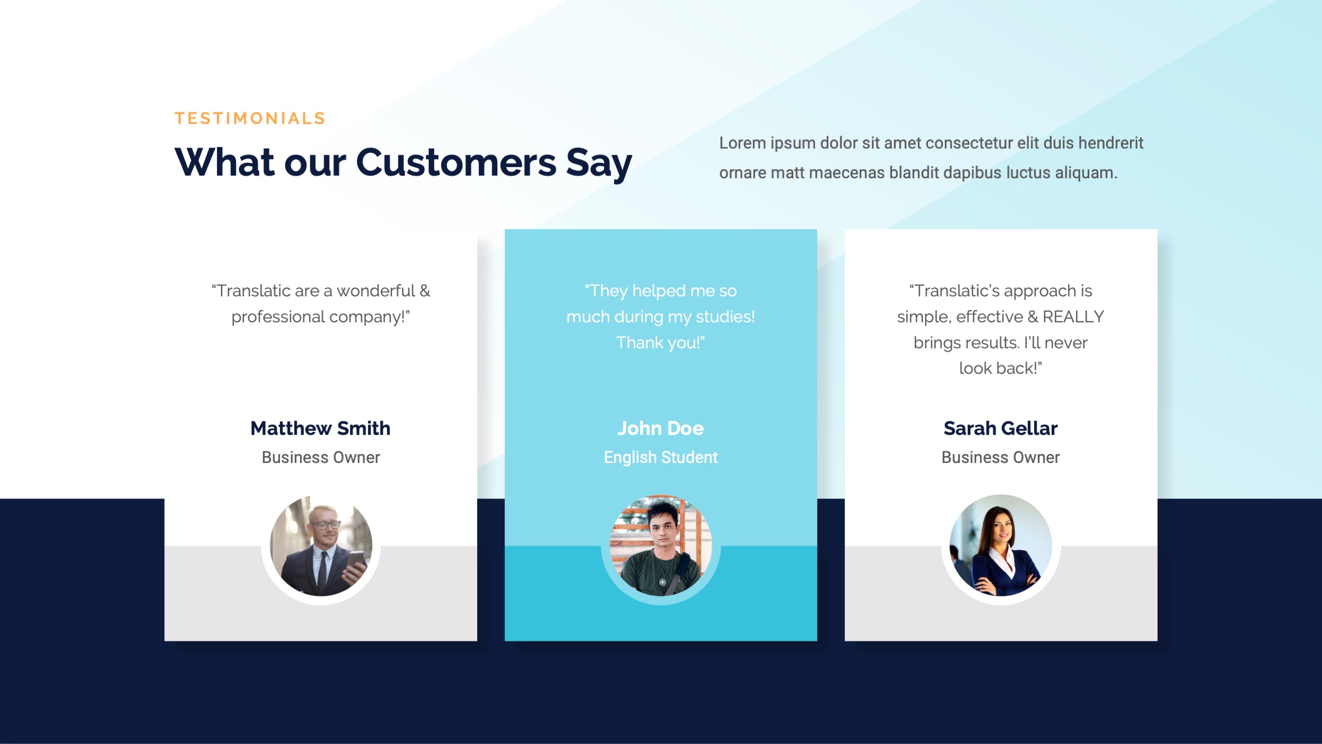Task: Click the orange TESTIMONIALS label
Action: click(250, 119)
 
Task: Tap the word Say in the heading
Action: click(599, 163)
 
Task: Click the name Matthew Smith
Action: click(321, 428)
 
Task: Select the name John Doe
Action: click(661, 428)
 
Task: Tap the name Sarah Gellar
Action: click(1000, 428)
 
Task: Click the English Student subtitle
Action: click(661, 457)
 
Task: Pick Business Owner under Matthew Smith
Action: click(321, 457)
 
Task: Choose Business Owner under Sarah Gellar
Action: click(1000, 457)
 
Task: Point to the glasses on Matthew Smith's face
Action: click(326, 525)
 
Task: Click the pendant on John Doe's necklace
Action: click(662, 582)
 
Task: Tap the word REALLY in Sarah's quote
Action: click(1073, 316)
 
